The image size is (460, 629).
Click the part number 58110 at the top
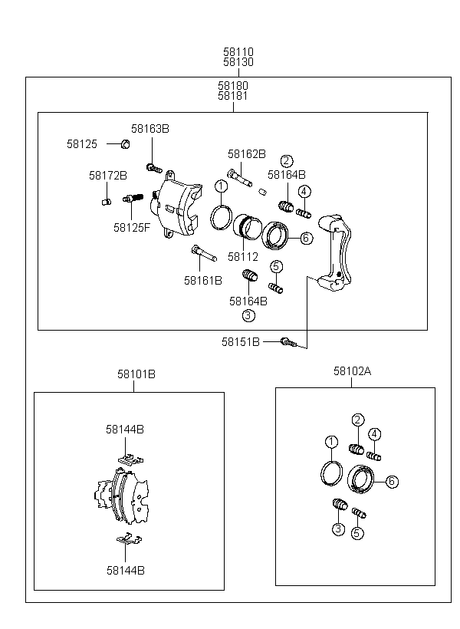238,51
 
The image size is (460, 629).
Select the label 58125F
132,228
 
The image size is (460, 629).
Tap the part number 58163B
150,129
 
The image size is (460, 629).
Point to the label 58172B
108,176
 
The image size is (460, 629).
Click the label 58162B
247,154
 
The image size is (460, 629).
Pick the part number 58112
242,257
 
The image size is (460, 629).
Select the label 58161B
203,281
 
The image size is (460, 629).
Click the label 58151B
241,342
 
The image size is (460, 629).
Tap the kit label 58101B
136,374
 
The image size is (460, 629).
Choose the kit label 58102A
352,371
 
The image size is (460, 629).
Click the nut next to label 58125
125,143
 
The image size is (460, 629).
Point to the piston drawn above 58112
248,226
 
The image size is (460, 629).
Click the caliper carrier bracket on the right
335,252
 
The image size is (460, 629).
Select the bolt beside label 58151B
289,342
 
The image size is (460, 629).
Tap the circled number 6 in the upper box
306,238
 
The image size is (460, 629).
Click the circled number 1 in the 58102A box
331,442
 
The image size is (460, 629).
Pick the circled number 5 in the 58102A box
357,532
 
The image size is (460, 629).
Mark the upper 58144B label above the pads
125,430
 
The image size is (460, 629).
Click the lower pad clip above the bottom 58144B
129,538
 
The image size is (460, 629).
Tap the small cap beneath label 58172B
107,202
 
